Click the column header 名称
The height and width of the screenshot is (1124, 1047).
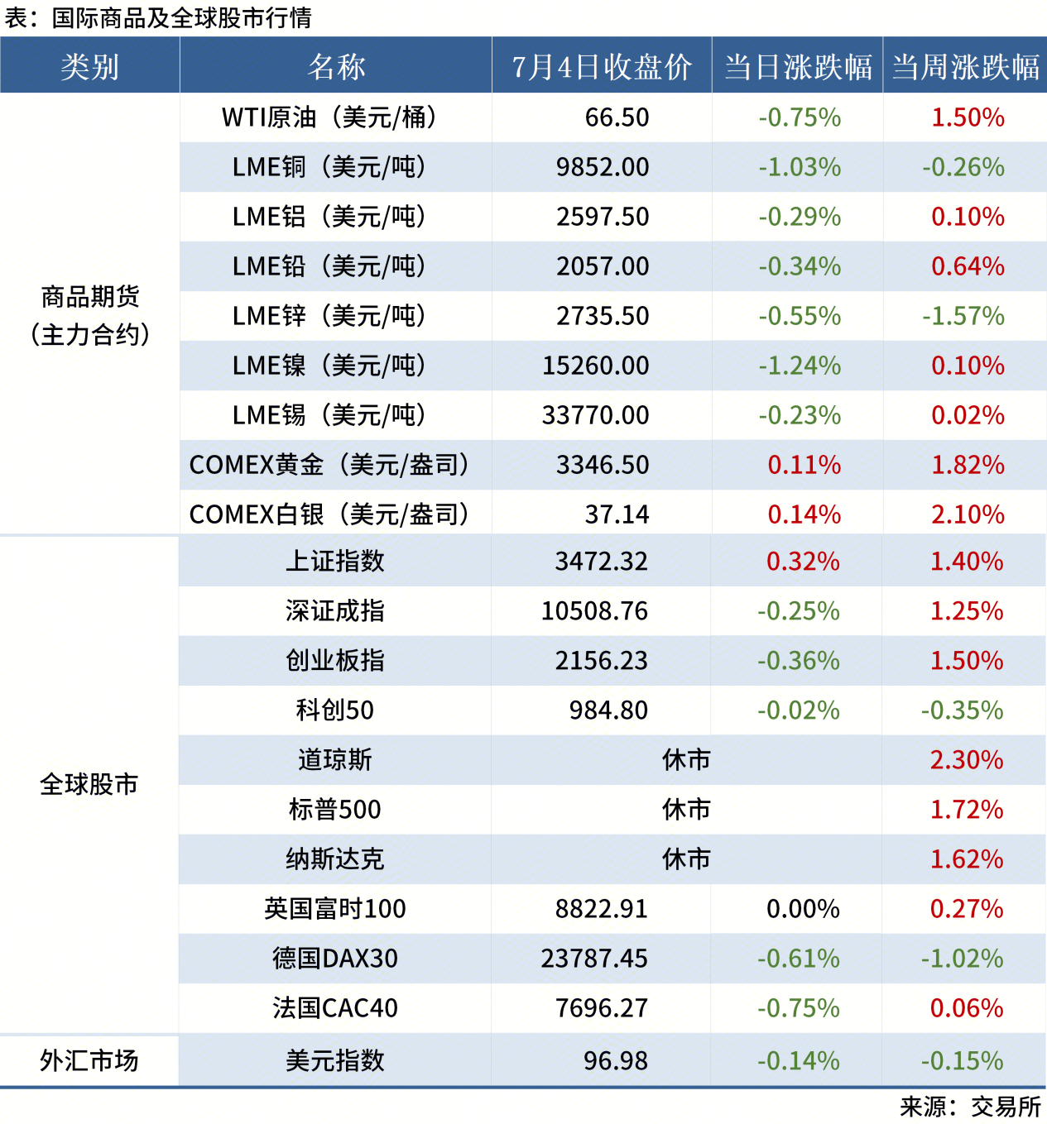(336, 66)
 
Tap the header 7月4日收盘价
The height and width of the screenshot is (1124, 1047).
(602, 66)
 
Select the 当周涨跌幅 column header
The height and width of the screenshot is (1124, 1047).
(965, 66)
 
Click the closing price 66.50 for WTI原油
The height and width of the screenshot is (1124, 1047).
(617, 117)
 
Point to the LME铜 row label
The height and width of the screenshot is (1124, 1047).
(329, 167)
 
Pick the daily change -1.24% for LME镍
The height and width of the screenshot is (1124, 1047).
(800, 366)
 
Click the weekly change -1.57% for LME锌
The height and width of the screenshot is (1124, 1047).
(963, 316)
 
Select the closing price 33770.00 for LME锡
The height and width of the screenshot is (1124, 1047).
(595, 415)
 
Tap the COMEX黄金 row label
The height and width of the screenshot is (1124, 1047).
(329, 465)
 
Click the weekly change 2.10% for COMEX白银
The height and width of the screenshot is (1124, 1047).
(968, 514)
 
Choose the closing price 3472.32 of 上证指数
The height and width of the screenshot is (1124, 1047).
(601, 562)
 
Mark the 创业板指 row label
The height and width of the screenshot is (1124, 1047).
(335, 661)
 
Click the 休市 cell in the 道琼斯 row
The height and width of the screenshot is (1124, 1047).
(686, 760)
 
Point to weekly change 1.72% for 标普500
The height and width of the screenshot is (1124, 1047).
(966, 810)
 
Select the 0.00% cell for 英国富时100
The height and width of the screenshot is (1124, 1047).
(803, 909)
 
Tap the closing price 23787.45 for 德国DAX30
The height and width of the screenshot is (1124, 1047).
(594, 959)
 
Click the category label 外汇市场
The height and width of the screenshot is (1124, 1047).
(89, 1060)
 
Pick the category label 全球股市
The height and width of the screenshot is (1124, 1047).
(89, 784)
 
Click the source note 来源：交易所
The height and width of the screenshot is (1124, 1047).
(970, 1107)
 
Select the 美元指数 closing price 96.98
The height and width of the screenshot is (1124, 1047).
(616, 1061)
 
